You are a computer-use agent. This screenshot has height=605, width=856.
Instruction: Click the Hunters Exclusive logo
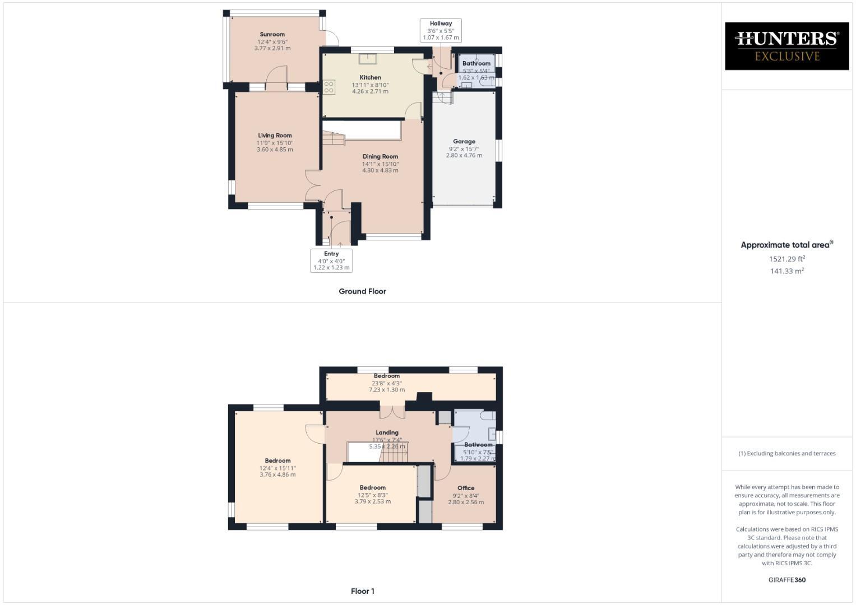tap(786, 46)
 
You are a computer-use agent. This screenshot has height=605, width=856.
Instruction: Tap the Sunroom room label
tap(272, 35)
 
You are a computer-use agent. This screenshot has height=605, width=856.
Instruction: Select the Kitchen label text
tap(370, 77)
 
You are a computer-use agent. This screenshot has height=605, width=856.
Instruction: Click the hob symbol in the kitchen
tap(329, 87)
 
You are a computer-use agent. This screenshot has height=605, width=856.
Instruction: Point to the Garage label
tap(464, 142)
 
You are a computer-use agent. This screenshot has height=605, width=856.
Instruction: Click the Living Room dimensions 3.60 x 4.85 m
tap(275, 150)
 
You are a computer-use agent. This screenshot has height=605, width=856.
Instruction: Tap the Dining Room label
tap(380, 157)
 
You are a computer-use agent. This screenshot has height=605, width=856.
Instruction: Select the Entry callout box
tap(331, 260)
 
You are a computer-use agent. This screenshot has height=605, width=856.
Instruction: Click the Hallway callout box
tap(441, 30)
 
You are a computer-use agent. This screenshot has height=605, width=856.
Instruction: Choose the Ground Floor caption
tap(362, 291)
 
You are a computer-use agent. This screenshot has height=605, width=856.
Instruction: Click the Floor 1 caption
tap(362, 591)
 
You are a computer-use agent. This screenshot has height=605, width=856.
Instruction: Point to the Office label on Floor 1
tap(466, 488)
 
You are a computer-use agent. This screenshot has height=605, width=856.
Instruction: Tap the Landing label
tap(387, 432)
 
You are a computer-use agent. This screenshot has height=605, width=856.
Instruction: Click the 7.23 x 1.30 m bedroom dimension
tap(387, 389)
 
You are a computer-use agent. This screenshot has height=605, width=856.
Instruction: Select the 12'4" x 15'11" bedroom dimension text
tap(277, 468)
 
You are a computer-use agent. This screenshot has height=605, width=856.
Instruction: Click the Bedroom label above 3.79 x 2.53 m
tap(373, 487)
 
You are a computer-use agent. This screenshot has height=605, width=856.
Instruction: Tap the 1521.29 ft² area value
tap(787, 259)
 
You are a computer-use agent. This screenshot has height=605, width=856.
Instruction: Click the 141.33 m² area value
tap(787, 271)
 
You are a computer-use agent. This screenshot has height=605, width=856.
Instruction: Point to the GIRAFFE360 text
tap(787, 580)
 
